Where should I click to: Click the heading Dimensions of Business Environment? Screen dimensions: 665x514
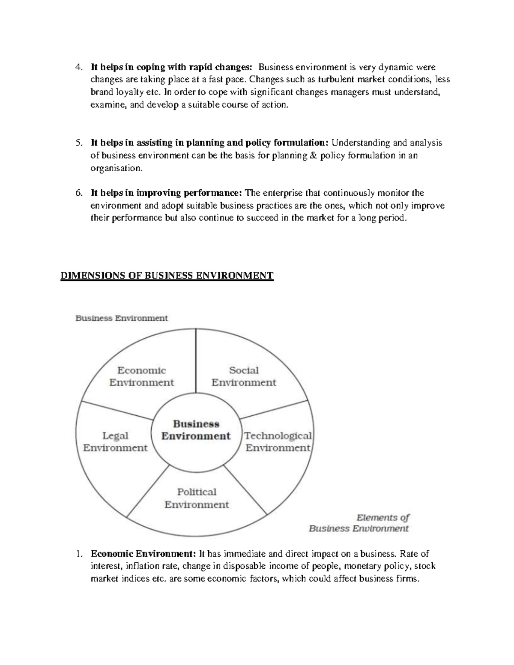click(x=167, y=275)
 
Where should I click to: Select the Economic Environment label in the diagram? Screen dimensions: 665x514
click(x=142, y=376)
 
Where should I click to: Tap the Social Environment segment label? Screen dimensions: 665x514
click(x=244, y=376)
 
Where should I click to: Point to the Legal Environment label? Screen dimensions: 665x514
click(x=115, y=442)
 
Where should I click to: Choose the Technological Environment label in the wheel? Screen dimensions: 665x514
click(x=278, y=442)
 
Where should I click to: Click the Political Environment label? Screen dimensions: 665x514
click(x=197, y=498)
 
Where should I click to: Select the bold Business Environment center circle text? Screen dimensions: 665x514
click(x=196, y=430)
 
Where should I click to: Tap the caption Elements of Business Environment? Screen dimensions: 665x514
click(x=359, y=523)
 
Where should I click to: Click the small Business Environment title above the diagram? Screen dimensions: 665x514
click(x=122, y=318)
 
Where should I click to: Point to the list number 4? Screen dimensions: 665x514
click(x=78, y=67)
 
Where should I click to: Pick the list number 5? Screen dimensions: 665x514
click(x=78, y=143)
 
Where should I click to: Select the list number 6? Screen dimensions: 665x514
click(x=78, y=193)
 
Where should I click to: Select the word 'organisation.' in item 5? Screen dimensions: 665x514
click(x=115, y=168)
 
